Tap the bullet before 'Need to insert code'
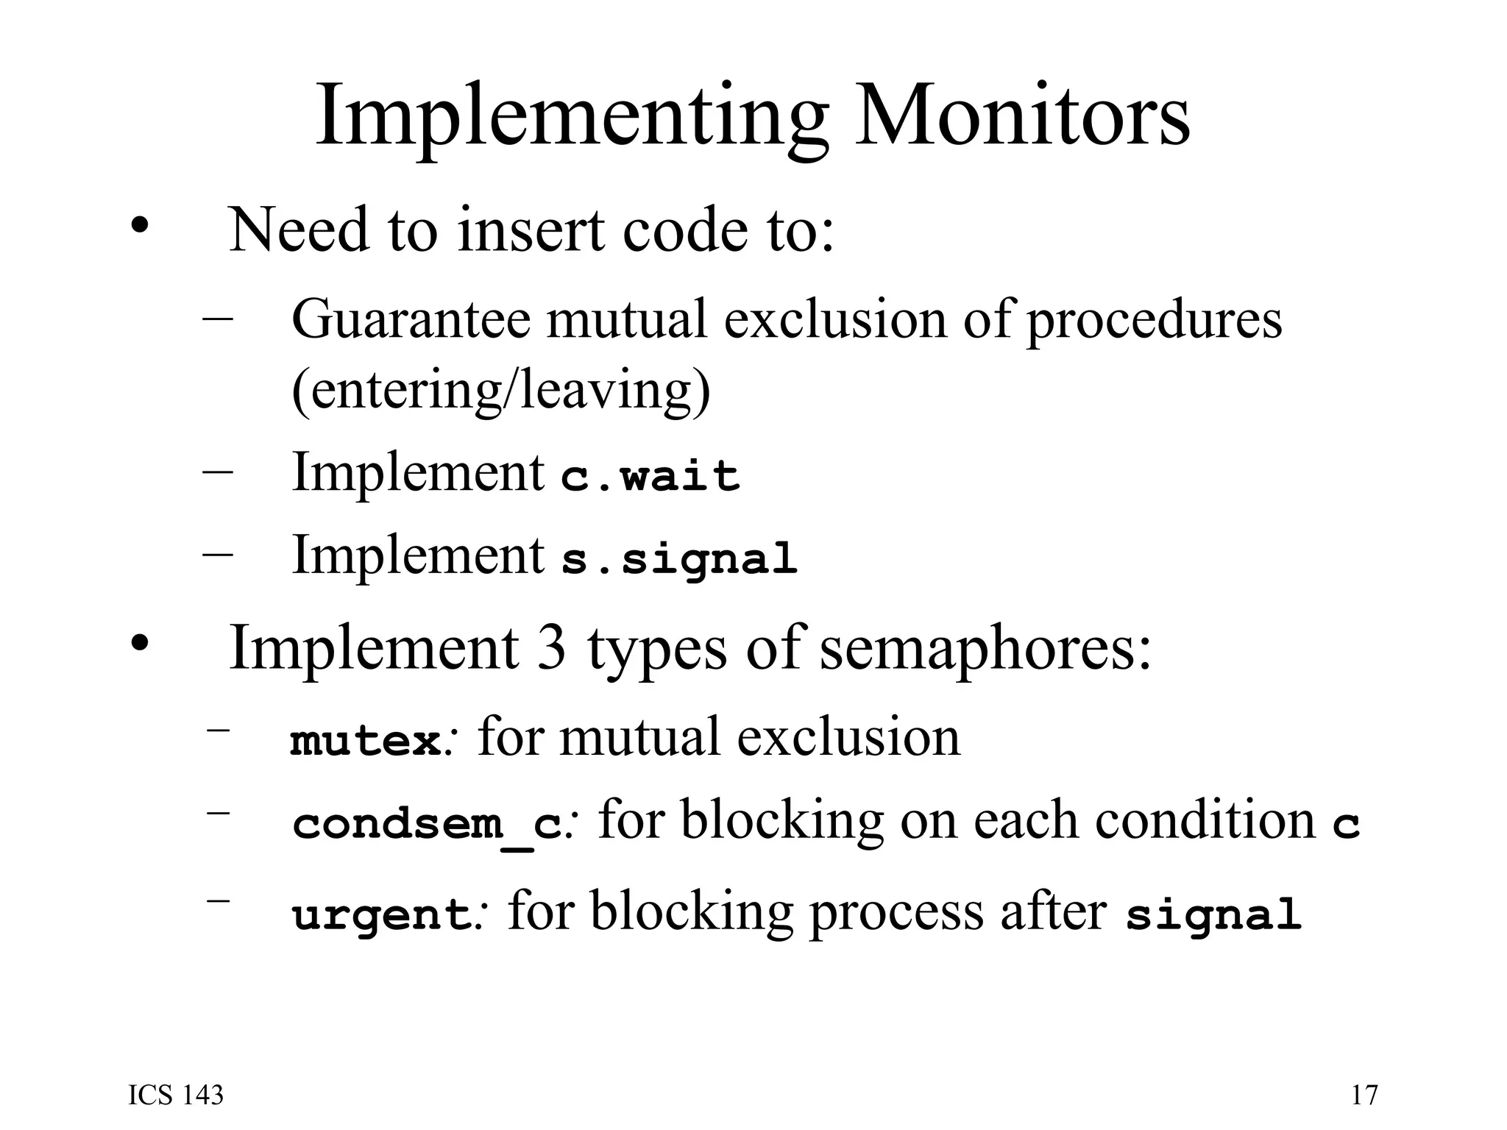138,225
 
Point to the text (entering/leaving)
501,390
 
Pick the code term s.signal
679,559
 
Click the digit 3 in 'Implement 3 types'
551,647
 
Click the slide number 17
1364,1095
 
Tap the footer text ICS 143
176,1095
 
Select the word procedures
1155,321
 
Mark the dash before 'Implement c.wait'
218,472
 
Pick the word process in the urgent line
897,912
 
